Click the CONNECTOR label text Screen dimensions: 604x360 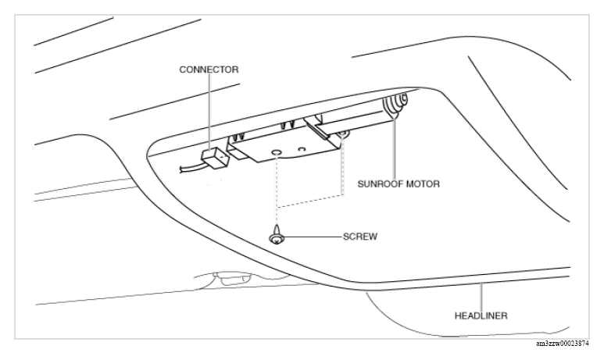[x=209, y=70]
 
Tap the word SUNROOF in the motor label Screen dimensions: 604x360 [x=381, y=184]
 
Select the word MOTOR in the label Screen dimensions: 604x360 [x=423, y=184]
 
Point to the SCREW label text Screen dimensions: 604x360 [x=360, y=237]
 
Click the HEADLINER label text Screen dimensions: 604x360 [x=481, y=315]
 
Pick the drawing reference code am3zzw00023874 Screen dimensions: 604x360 [x=563, y=344]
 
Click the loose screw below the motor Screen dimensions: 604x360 [x=277, y=234]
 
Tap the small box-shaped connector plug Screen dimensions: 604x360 [x=215, y=156]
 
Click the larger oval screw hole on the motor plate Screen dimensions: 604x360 [x=277, y=153]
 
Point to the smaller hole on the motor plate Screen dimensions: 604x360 [x=302, y=148]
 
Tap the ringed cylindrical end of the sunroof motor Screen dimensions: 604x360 [x=395, y=103]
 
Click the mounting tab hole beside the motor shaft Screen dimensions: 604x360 [x=342, y=134]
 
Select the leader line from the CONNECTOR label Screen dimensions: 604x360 [x=209, y=112]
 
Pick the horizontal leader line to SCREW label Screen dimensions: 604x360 [x=313, y=237]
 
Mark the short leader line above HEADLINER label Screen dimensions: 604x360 [x=481, y=297]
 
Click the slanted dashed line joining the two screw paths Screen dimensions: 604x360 [x=310, y=201]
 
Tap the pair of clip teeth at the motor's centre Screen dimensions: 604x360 [x=288, y=126]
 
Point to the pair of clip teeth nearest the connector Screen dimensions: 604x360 [x=238, y=137]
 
